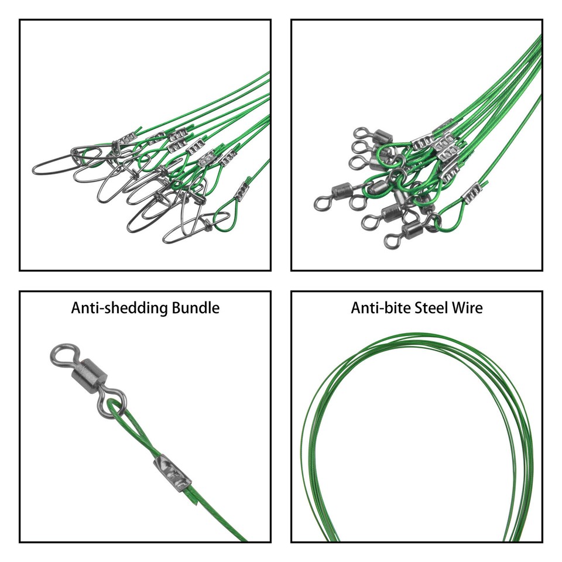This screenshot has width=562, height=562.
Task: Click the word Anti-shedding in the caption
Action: pos(119,308)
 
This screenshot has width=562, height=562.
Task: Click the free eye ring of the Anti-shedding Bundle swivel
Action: pos(60,355)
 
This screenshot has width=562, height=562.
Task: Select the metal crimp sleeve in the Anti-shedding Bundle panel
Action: pos(172,473)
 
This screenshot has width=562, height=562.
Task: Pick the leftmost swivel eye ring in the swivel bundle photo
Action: pos(321,203)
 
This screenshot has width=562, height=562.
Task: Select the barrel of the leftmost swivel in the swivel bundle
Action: pos(341,191)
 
